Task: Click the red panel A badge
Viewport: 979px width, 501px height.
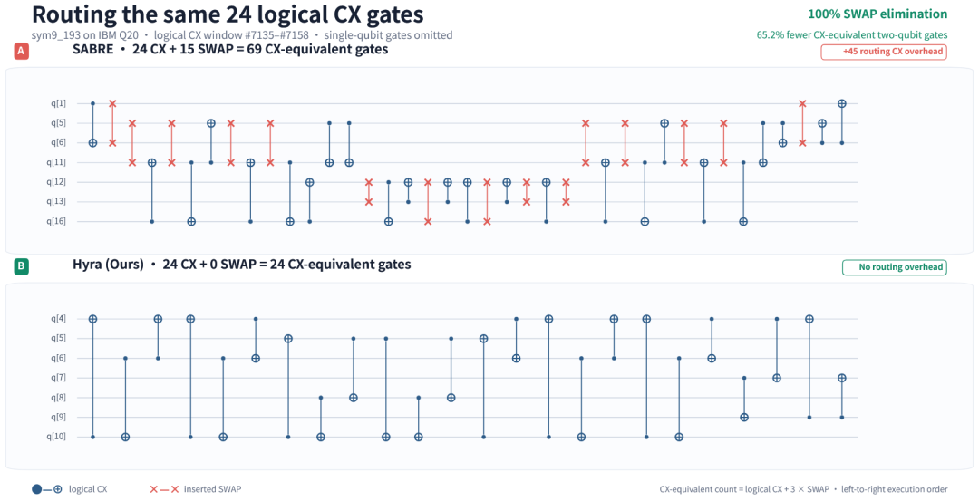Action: pos(21,52)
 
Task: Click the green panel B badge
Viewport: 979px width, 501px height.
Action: pos(21,267)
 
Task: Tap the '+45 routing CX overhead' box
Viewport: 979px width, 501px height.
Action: pos(884,52)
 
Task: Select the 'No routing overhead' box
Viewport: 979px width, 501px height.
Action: pos(894,267)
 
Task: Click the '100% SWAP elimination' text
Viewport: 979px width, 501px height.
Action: pos(877,14)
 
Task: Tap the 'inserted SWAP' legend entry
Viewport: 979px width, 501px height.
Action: pos(196,489)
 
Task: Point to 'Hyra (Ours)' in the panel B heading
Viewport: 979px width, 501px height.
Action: pos(109,265)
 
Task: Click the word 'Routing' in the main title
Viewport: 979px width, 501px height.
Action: pos(72,14)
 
